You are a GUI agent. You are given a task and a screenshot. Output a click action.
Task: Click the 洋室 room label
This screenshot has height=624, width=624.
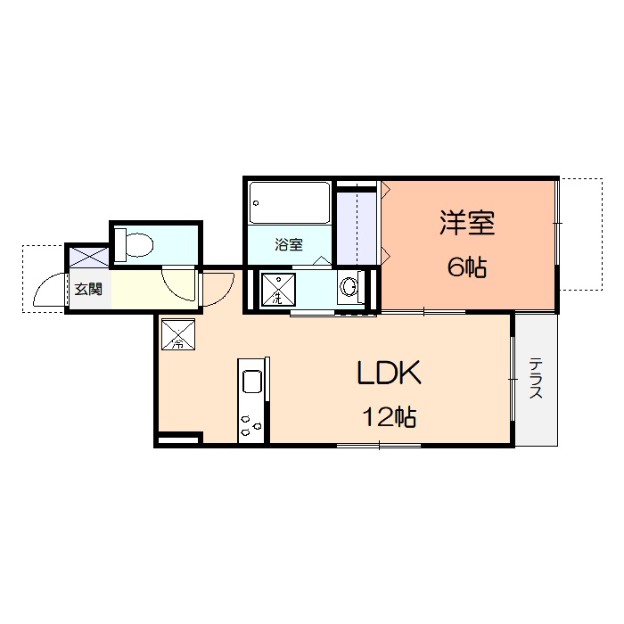(x=466, y=223)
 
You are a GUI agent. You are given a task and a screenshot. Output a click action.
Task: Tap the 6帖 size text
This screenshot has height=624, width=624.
(x=466, y=268)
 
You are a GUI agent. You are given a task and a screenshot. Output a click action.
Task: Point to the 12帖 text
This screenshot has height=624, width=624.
(x=390, y=416)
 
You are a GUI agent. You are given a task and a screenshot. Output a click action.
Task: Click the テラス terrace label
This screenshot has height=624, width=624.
(x=536, y=379)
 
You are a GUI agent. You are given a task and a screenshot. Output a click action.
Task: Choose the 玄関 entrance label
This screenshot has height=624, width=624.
(x=87, y=289)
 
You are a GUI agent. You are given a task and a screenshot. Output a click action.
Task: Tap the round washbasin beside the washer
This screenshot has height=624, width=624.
(x=349, y=288)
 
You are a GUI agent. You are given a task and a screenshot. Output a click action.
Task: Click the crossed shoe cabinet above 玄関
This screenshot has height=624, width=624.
(x=89, y=256)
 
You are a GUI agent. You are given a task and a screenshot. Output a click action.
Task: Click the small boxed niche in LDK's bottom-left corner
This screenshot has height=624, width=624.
(x=178, y=439)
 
